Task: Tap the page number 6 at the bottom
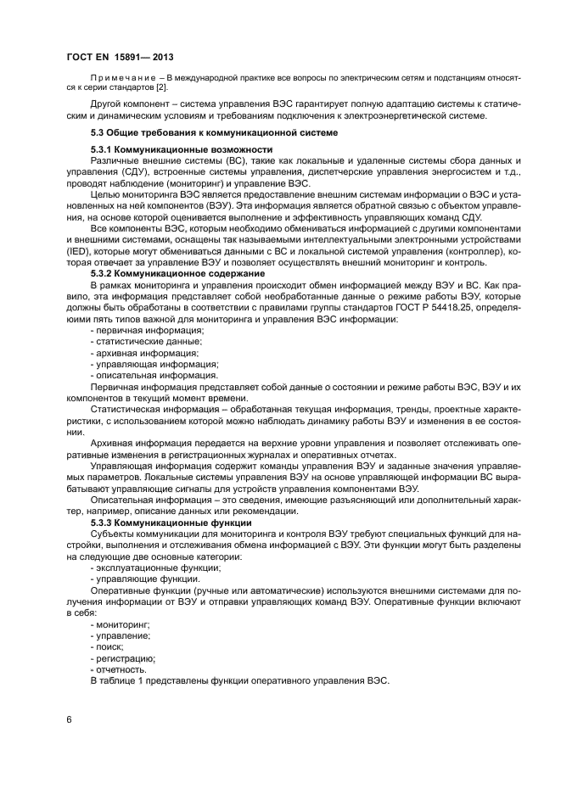69,719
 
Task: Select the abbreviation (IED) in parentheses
82,252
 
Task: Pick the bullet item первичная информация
136,329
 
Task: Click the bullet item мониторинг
119,623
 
